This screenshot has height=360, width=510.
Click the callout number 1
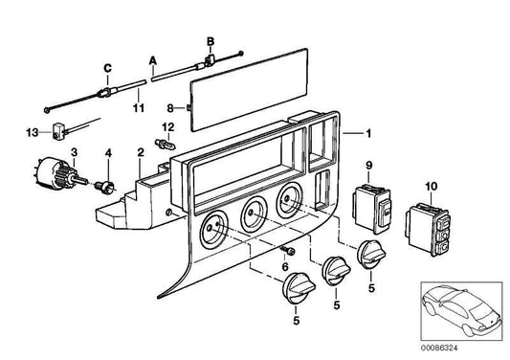point(368,133)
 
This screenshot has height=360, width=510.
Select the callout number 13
point(33,133)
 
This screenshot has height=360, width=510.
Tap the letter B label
point(211,42)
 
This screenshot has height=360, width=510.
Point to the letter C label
point(108,68)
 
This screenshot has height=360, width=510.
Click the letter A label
point(153,61)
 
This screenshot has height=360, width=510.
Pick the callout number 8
point(170,108)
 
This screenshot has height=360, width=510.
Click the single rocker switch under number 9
point(371,209)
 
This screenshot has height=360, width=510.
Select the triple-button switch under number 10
point(428,229)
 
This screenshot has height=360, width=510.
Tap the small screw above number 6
point(287,250)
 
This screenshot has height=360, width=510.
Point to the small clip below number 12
point(166,144)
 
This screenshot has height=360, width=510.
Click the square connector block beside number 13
point(57,131)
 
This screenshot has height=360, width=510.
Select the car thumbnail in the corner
point(461,311)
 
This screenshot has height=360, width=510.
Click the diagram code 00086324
point(439,348)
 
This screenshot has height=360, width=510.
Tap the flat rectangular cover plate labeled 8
point(249,90)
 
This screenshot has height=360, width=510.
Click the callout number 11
point(139,108)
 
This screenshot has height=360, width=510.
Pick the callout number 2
point(141,152)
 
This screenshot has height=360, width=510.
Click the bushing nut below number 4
point(104,187)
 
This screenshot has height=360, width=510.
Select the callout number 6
point(285,267)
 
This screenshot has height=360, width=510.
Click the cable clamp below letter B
point(210,60)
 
